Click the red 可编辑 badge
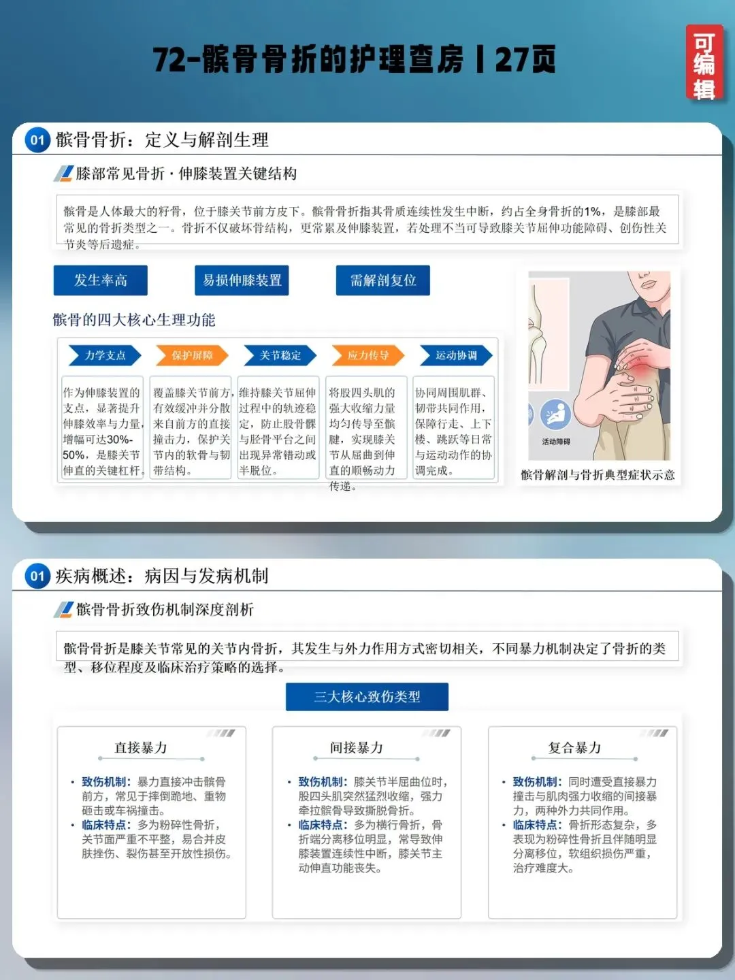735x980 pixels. (704, 63)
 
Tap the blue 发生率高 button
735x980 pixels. (101, 280)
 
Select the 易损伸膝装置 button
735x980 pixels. (242, 280)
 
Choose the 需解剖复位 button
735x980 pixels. (383, 280)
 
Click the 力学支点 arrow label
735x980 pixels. (105, 355)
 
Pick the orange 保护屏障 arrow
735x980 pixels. (193, 355)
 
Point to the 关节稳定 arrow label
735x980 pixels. (280, 355)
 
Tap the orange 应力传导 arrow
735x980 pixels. (368, 355)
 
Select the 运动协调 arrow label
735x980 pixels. (456, 355)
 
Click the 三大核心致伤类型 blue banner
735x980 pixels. (367, 696)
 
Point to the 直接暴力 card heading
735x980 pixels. (141, 747)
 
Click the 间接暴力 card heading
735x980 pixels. (357, 747)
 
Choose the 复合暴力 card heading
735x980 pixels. (575, 747)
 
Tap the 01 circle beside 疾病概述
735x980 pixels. (37, 576)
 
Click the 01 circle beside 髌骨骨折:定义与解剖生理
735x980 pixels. (37, 140)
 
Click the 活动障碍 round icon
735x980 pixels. (555, 414)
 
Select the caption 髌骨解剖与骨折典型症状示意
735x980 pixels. (598, 474)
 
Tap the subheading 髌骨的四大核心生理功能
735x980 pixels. (134, 320)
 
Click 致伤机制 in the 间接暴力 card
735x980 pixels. (321, 782)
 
